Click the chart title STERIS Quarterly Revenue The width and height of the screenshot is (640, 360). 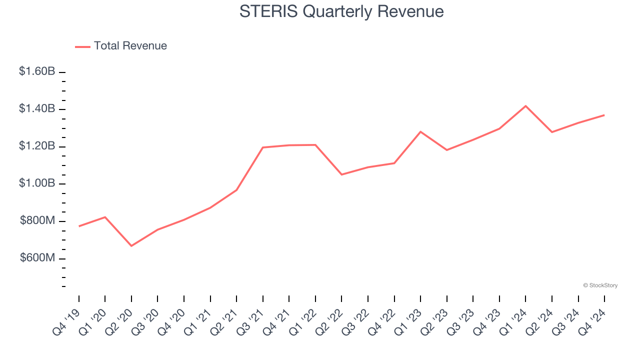pos(341,11)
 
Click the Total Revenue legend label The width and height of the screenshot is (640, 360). pos(130,46)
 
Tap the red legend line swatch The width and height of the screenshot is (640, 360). pos(82,46)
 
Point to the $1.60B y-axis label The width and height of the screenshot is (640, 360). pos(37,71)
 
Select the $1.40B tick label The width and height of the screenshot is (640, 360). pos(37,109)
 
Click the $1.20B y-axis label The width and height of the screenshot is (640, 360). pos(37,146)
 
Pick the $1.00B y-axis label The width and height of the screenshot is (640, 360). pos(37,183)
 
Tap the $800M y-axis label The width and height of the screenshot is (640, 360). pos(37,220)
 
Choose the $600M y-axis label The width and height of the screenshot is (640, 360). pos(37,258)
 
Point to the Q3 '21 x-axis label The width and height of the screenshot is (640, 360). pos(251,321)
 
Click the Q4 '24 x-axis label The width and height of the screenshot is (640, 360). pos(593,321)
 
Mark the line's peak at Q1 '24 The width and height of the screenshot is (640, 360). pos(525,106)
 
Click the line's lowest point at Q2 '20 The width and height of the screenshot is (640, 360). pos(131,246)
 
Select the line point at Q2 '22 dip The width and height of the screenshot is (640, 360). pos(341,174)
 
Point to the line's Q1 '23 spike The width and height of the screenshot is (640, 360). pos(420,131)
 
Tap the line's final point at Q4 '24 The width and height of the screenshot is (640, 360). pos(604,115)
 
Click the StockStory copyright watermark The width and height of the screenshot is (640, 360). pos(600,285)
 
